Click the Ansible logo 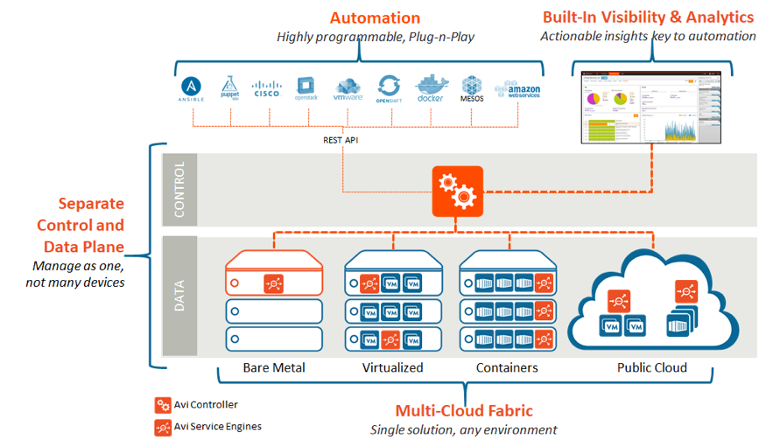[193, 89]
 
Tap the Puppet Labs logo [230, 88]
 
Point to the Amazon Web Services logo [517, 90]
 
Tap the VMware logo [348, 90]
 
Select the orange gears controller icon [457, 191]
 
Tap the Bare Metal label [274, 368]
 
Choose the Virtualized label [392, 368]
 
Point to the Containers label [508, 368]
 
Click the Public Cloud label [652, 368]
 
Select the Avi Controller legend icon [162, 405]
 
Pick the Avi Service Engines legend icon [162, 427]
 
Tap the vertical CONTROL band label [179, 189]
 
